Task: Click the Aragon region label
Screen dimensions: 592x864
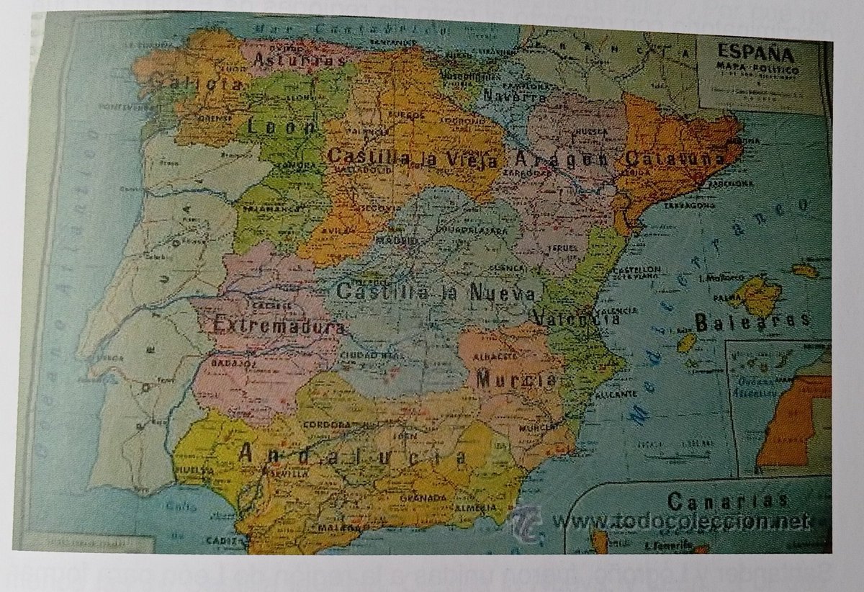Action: [x=563, y=159]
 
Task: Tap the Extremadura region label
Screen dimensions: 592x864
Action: [x=276, y=326]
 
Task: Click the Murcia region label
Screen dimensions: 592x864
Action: [x=516, y=379]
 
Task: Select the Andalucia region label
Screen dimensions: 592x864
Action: [x=352, y=454]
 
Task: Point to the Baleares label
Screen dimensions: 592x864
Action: [x=752, y=319]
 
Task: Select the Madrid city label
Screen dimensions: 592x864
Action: [x=397, y=239]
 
